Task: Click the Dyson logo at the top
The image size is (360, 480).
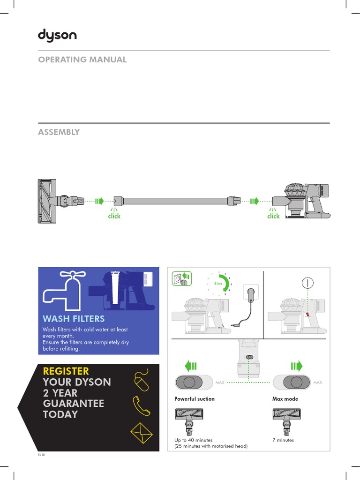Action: point(57,36)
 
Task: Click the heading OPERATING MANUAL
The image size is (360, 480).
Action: point(82,60)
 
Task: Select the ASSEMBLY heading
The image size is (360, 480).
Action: point(59,132)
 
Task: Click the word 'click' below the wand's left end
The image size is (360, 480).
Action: point(114,216)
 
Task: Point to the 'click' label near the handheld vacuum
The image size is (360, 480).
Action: point(273,216)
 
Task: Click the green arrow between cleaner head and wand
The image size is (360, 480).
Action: point(99,201)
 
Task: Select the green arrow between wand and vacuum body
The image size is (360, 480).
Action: point(254,201)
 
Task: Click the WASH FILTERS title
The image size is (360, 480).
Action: point(74,319)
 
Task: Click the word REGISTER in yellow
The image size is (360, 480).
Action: point(66,371)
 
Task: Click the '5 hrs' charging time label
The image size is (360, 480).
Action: point(218,284)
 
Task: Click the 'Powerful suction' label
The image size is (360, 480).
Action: point(195,399)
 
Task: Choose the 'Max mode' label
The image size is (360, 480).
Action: point(285,399)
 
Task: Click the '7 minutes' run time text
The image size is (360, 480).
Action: point(283,440)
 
